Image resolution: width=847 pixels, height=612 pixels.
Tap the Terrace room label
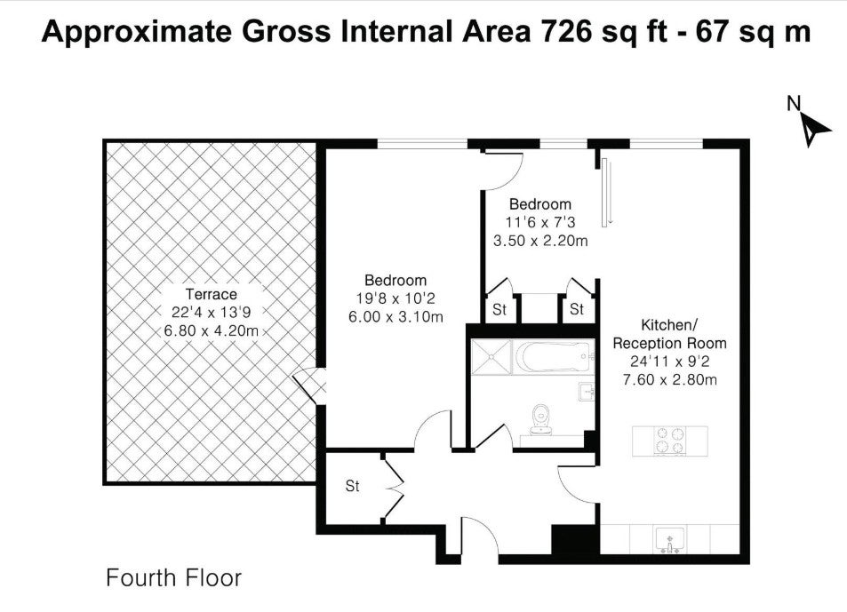(212, 294)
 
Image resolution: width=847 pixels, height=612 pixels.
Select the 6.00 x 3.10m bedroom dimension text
(396, 317)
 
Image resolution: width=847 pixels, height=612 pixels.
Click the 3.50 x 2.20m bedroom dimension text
(540, 241)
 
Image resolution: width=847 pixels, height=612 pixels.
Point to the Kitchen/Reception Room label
(670, 334)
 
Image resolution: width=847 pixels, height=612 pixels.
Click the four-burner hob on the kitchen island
(670, 440)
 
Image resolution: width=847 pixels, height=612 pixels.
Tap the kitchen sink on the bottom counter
(670, 540)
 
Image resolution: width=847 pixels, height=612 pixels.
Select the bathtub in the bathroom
(553, 357)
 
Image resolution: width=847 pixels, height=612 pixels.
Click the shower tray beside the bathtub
(491, 357)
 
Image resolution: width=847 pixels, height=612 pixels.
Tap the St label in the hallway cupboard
(352, 486)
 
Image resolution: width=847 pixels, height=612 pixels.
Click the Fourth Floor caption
(173, 578)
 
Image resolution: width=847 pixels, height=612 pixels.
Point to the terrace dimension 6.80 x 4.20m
(212, 330)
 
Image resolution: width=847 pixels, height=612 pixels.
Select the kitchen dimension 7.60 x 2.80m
(670, 379)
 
